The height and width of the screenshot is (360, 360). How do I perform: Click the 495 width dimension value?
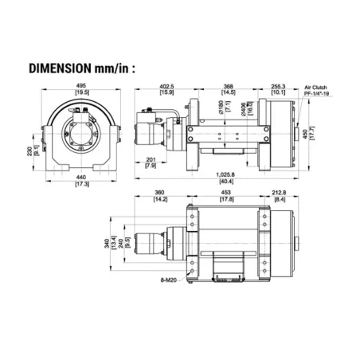coord(81,87)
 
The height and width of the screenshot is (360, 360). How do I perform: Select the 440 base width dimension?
coord(81,177)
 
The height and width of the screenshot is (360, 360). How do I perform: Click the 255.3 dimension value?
coord(277,87)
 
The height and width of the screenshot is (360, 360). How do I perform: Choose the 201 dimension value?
coord(151,159)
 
